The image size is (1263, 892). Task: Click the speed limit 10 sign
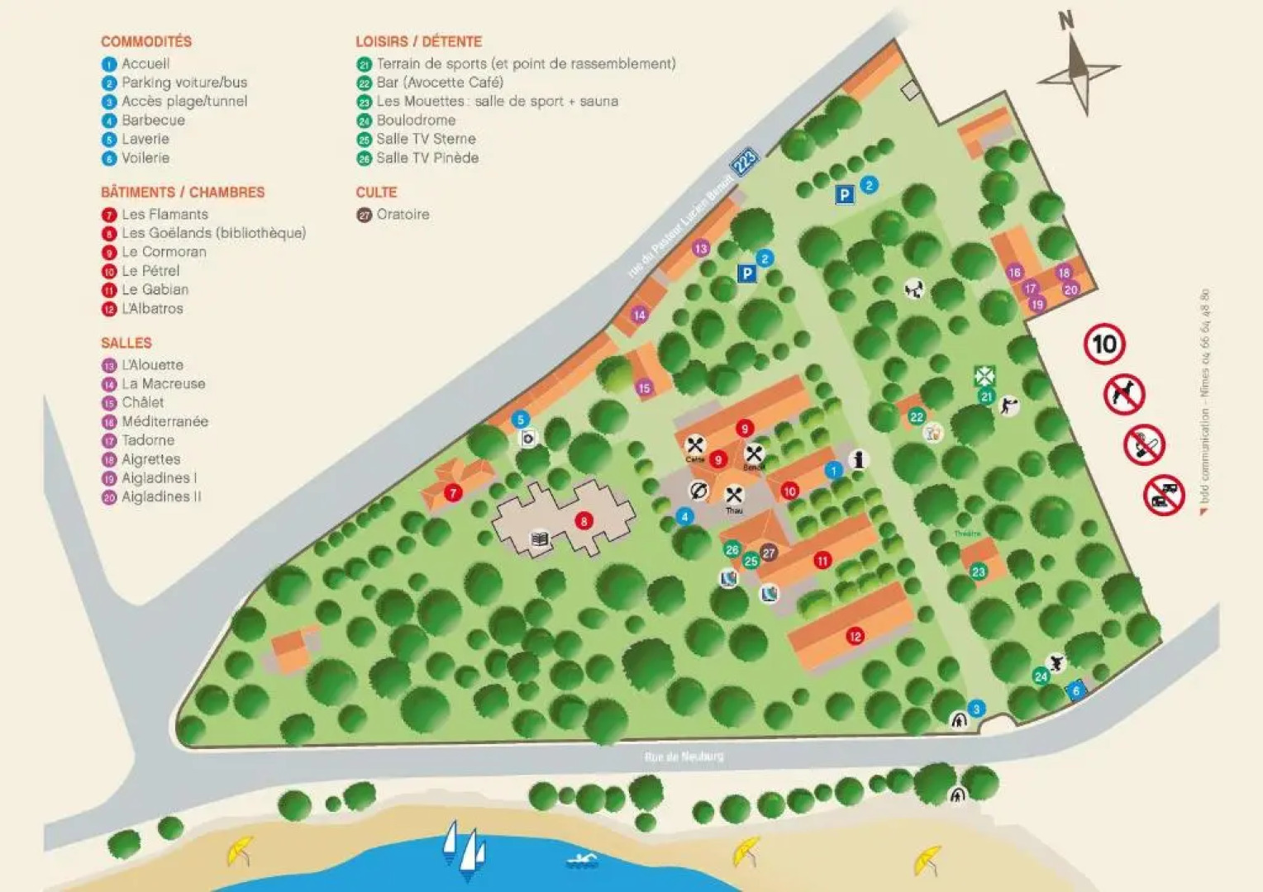pos(1104,344)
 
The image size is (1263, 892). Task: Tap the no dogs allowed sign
pos(1124,395)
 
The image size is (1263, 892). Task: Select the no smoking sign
pos(1144,446)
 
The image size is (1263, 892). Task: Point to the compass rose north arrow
pos(1078,69)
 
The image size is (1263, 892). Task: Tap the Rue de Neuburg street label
pos(684,757)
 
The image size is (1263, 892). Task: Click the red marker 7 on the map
pos(452,493)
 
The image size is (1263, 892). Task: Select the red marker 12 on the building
pos(855,636)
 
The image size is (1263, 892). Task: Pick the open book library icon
pos(539,539)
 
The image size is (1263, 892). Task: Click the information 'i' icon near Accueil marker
pos(859,460)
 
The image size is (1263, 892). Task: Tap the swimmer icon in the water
pos(582,861)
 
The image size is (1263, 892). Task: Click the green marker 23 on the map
pos(979,572)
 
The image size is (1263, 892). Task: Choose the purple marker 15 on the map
pos(644,387)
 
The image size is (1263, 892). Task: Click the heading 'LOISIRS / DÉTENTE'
pos(418,41)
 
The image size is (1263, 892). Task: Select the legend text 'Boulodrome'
pos(416,120)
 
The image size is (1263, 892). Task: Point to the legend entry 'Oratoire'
pos(403,214)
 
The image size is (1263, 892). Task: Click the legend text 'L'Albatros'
pos(152,308)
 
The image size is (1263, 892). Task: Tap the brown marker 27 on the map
pos(769,553)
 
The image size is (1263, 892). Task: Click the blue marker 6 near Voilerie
pos(1075,691)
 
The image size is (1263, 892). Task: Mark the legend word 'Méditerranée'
pos(164,421)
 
